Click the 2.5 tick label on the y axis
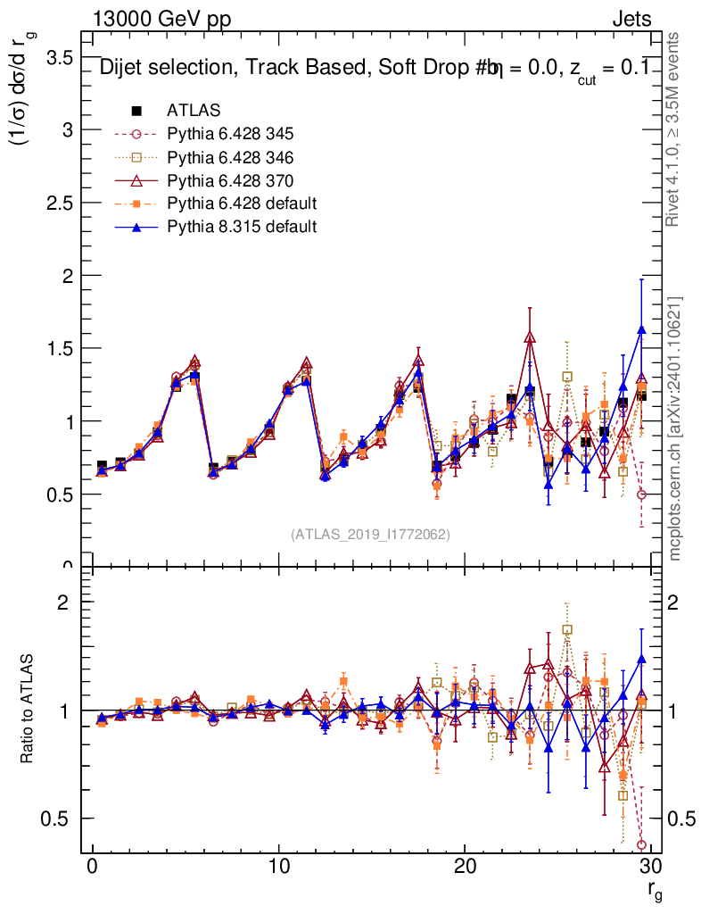tap(59, 203)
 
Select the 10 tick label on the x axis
tap(278, 868)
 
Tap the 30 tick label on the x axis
tap(650, 868)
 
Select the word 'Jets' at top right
tap(631, 20)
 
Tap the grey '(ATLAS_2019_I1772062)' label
tap(370, 535)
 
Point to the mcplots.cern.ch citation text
tap(675, 428)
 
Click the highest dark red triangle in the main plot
tap(530, 337)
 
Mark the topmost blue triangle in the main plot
tap(641, 330)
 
